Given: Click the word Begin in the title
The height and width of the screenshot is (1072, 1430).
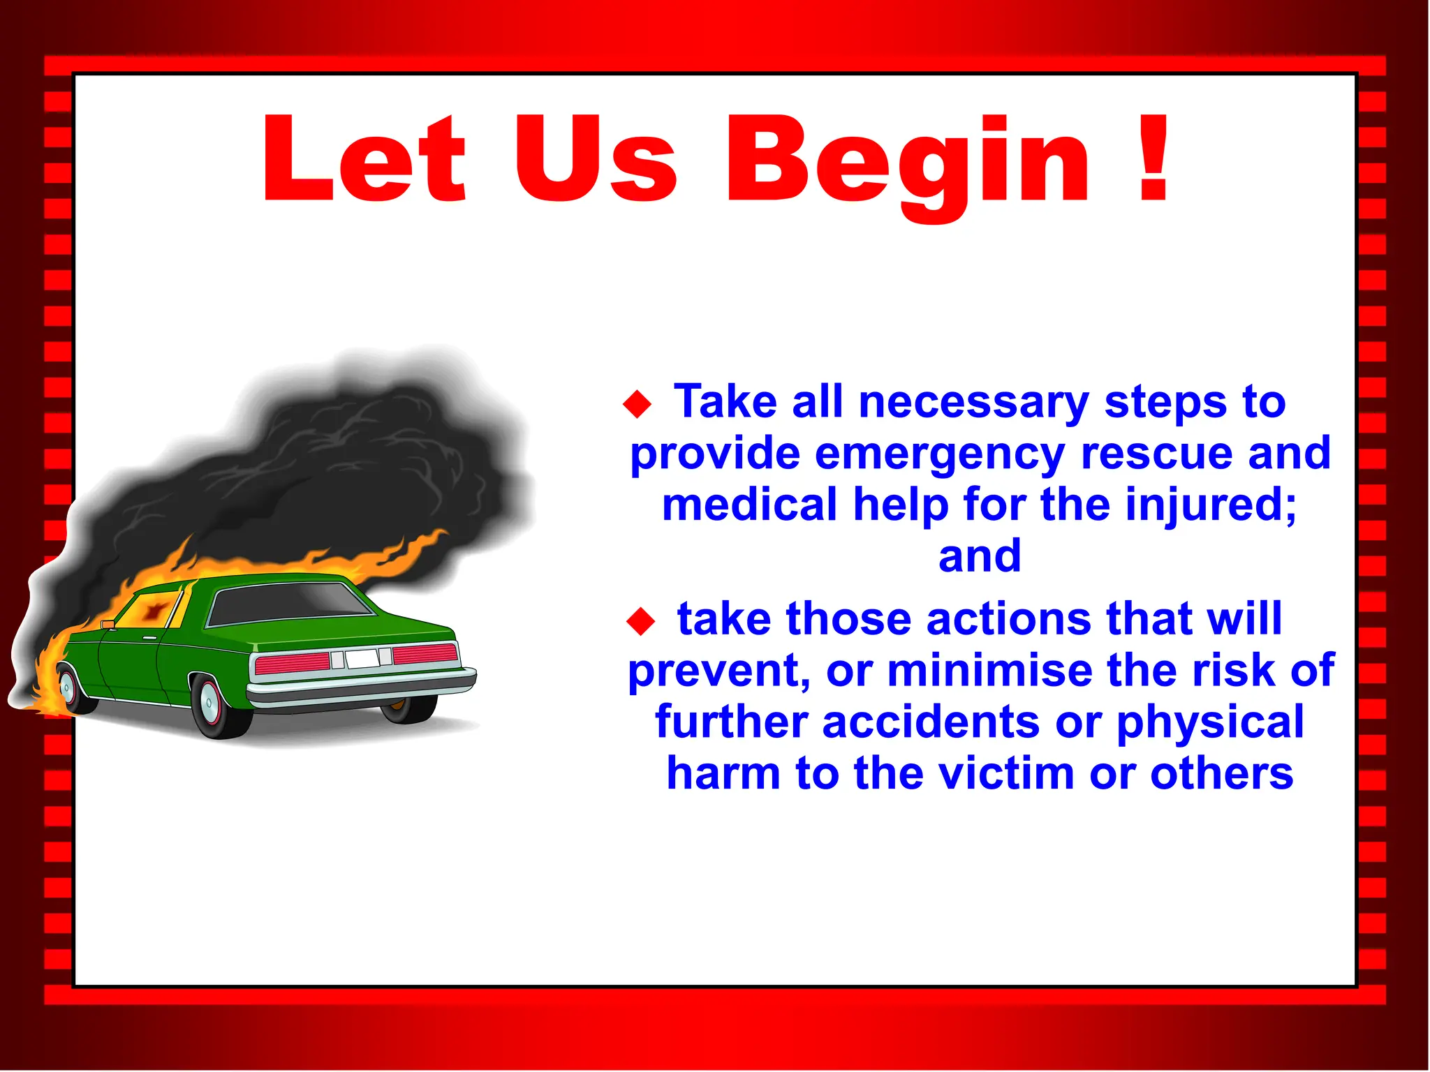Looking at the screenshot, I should pos(908,162).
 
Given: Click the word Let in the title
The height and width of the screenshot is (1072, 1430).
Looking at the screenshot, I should pos(363,159).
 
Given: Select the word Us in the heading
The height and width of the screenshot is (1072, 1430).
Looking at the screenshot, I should pos(596,159).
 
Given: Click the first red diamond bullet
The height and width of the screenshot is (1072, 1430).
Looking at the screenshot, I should pos(637,404).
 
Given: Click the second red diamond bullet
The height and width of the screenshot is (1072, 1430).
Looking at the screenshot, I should pos(640,621).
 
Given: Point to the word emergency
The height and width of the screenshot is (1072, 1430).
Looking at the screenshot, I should pos(939,454).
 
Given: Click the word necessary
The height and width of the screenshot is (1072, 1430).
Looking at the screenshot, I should pos(973,403).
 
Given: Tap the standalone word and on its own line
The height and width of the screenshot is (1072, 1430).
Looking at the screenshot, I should pos(979,557).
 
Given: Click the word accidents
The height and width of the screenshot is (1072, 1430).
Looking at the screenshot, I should pos(931,722).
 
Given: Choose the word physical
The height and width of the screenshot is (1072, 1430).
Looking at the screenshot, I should pos(1209,722).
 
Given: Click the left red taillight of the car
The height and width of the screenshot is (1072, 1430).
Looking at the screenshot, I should pos(292,663).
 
